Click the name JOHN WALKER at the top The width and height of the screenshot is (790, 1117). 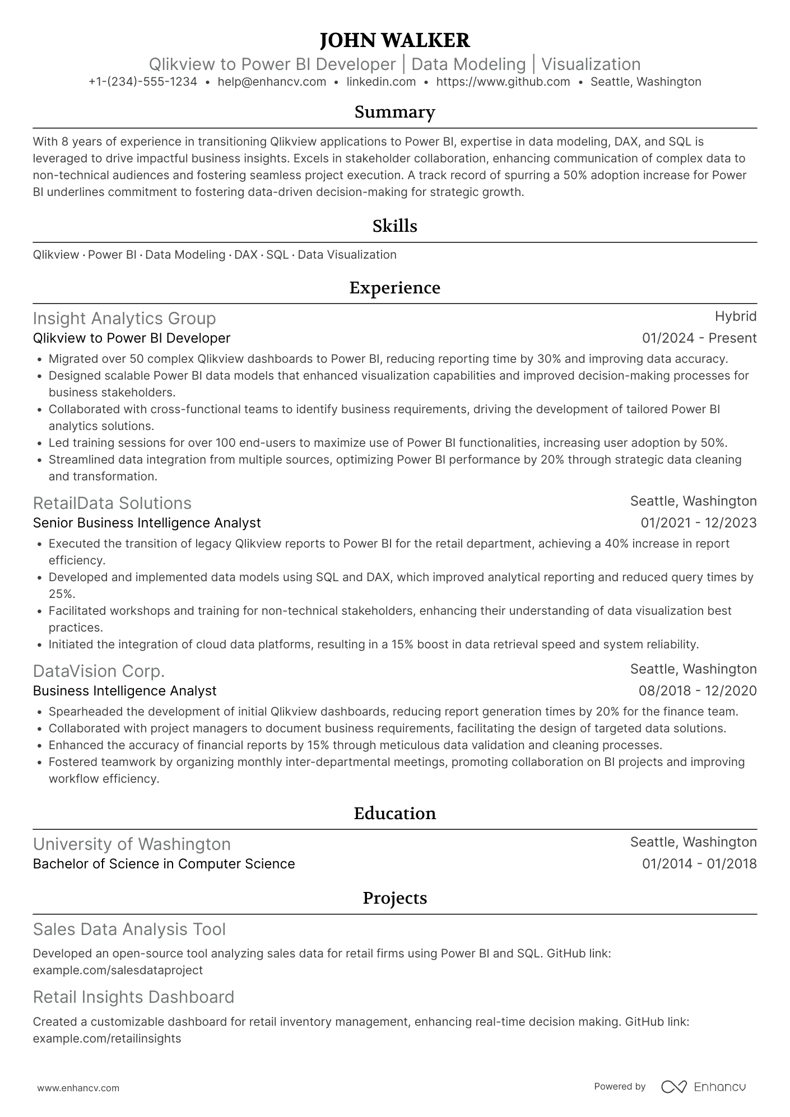tap(394, 40)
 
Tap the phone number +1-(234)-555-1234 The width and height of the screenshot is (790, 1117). tap(143, 82)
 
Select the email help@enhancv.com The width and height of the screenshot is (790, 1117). tap(272, 82)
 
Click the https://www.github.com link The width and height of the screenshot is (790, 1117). tap(503, 82)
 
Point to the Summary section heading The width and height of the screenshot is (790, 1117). tap(394, 112)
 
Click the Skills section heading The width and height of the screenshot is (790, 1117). tap(394, 226)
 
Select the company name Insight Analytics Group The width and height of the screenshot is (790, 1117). tap(124, 319)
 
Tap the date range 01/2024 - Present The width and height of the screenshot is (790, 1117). tap(699, 338)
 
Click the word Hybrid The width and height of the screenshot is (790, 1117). tap(736, 316)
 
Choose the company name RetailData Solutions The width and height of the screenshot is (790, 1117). tap(112, 503)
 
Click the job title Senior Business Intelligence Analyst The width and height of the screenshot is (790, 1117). tap(147, 523)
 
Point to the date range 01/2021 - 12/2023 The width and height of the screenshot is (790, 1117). tap(699, 523)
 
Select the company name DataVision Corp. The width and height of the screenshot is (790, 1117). tap(99, 671)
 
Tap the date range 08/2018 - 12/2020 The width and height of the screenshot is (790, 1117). tap(698, 691)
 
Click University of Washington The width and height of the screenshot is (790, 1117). tap(132, 844)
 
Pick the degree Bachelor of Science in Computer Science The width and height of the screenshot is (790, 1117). tap(164, 864)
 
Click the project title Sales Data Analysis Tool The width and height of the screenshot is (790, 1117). tap(129, 929)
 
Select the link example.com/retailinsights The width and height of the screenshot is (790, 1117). tap(107, 1039)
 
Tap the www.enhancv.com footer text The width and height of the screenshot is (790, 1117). tap(78, 1088)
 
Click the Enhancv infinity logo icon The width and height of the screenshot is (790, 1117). tap(673, 1087)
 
